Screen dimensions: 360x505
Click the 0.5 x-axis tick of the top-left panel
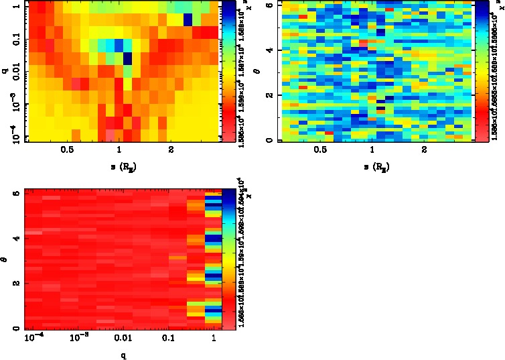pyautogui.click(x=66, y=150)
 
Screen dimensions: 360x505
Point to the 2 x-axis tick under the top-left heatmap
pyautogui.click(x=171, y=150)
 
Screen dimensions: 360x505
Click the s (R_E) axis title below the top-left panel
pyautogui.click(x=119, y=165)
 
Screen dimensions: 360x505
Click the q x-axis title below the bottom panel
pyautogui.click(x=123, y=355)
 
